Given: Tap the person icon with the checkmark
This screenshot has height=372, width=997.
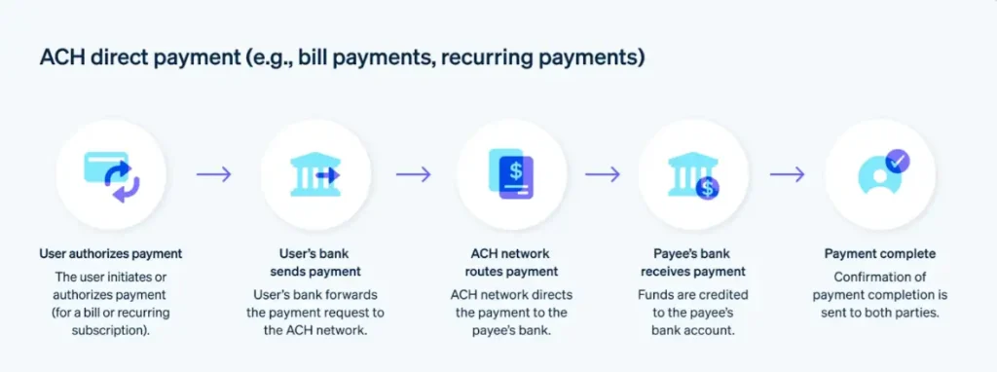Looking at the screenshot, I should [x=879, y=174].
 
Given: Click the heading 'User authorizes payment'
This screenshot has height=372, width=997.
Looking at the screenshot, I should [x=111, y=254].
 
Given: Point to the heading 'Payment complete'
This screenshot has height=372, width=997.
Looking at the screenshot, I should [x=879, y=254].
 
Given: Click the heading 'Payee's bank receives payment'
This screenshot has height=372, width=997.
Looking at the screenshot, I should [x=693, y=263].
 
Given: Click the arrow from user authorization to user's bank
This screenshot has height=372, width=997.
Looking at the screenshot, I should [x=214, y=174].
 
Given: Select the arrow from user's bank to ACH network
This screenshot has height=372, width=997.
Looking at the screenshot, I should [x=413, y=174].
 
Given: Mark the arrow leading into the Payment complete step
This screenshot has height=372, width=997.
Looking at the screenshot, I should [x=787, y=174].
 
